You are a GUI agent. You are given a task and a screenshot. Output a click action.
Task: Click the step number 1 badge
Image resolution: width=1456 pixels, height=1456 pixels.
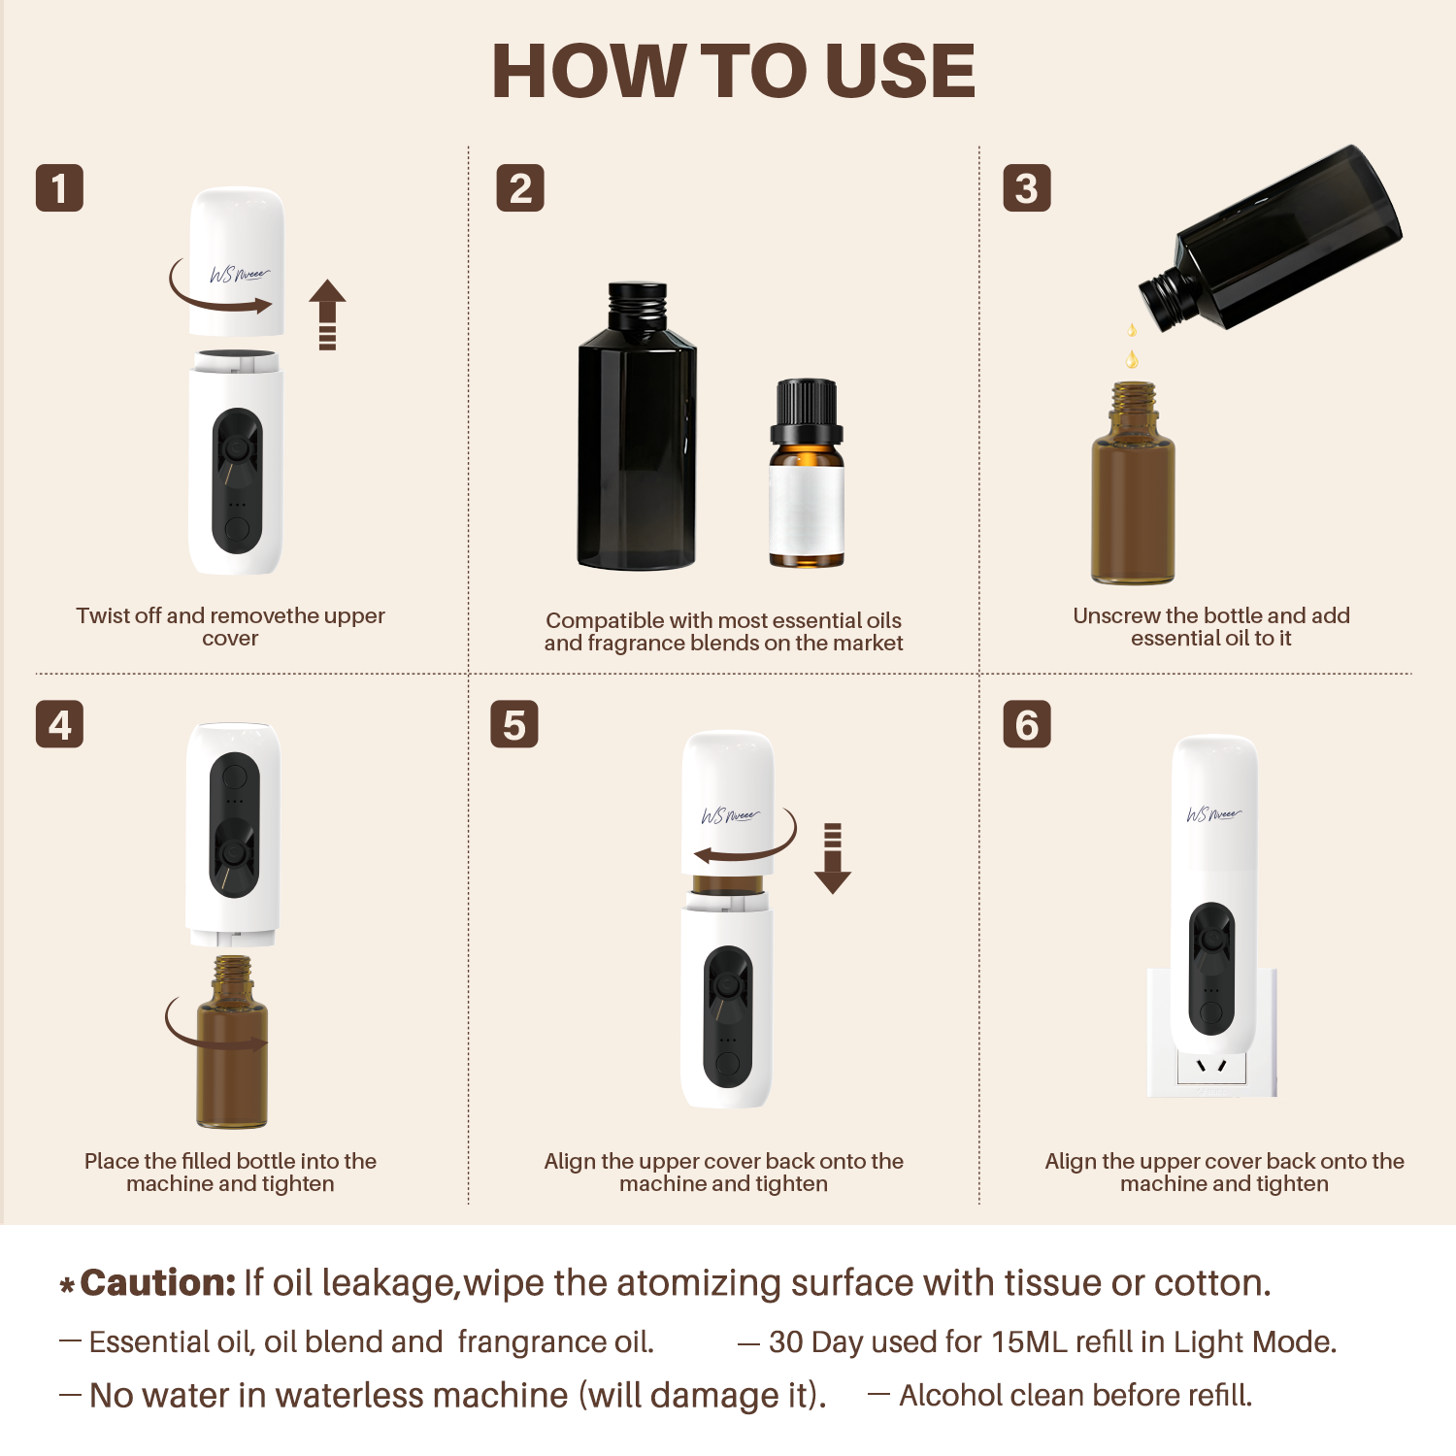pyautogui.click(x=59, y=188)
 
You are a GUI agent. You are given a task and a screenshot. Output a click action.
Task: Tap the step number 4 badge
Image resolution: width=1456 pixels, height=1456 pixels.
pyautogui.click(x=59, y=724)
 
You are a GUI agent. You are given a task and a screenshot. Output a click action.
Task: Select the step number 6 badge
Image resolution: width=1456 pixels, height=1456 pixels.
pyautogui.click(x=1026, y=724)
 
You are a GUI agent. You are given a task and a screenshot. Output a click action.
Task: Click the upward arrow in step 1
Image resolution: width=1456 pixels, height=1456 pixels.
pyautogui.click(x=327, y=314)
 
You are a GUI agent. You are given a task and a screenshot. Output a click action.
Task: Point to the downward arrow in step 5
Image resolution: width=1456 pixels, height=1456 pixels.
pyautogui.click(x=832, y=858)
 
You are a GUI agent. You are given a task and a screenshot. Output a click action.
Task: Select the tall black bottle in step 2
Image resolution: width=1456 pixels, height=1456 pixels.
pyautogui.click(x=637, y=427)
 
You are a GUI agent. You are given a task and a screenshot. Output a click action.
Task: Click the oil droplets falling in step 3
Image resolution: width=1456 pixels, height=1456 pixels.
pyautogui.click(x=1132, y=347)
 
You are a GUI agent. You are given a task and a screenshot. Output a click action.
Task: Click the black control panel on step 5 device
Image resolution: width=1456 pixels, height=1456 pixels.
pyautogui.click(x=728, y=1015)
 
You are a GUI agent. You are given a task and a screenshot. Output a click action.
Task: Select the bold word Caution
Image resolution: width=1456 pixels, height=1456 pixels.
pyautogui.click(x=157, y=1283)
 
